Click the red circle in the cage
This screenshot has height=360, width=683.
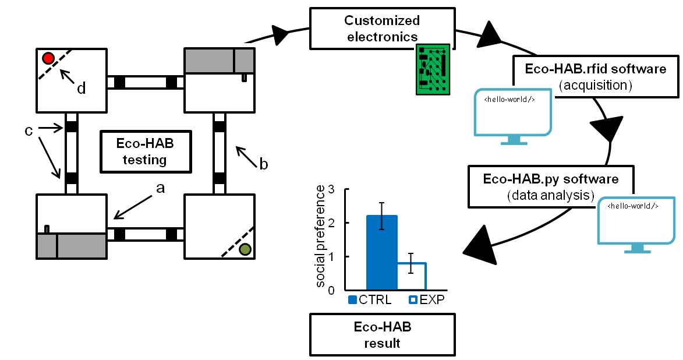(48, 58)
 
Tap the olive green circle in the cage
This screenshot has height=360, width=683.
(245, 249)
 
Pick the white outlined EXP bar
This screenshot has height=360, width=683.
(412, 276)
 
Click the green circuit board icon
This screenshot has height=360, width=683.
(433, 69)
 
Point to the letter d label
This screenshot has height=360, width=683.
(81, 89)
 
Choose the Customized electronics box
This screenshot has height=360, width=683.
(381, 29)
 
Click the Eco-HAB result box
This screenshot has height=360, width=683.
(382, 335)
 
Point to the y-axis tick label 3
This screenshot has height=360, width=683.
(331, 190)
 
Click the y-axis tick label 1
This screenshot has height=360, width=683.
(331, 257)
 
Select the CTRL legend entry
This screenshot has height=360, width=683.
(370, 300)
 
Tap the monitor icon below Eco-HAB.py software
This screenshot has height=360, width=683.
(636, 225)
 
